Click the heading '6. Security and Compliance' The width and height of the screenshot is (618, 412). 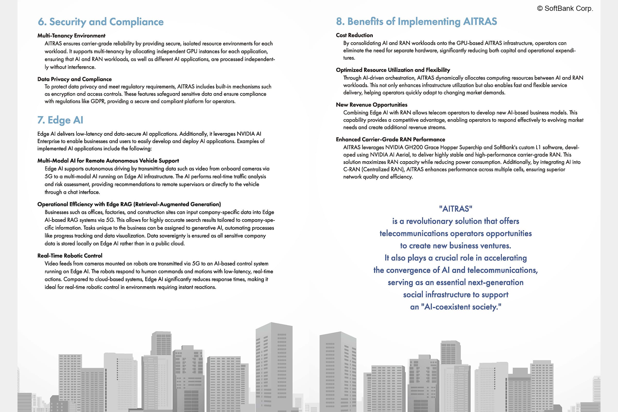(101, 22)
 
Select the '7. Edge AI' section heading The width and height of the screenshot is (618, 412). (60, 120)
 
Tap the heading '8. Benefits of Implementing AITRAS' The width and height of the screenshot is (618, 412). (416, 22)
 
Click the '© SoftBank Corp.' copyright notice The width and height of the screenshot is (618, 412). (565, 8)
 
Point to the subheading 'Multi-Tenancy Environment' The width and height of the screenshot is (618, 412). (71, 36)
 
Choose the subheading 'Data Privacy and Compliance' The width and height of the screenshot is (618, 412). (74, 79)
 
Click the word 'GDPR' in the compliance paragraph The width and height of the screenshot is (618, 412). (98, 101)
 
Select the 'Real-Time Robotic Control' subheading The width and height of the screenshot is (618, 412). (70, 256)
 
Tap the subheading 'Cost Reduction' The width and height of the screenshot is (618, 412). (354, 35)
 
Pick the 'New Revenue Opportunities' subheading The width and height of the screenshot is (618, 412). (372, 105)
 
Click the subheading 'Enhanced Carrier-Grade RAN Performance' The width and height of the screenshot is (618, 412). (390, 140)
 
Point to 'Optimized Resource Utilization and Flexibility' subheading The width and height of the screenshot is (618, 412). (393, 70)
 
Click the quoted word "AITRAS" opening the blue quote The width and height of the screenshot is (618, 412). (456, 209)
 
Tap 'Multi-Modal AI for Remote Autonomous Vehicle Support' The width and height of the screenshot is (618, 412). (108, 161)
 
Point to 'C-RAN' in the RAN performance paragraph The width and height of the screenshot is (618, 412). (351, 169)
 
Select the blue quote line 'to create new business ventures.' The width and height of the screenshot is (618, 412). (456, 246)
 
